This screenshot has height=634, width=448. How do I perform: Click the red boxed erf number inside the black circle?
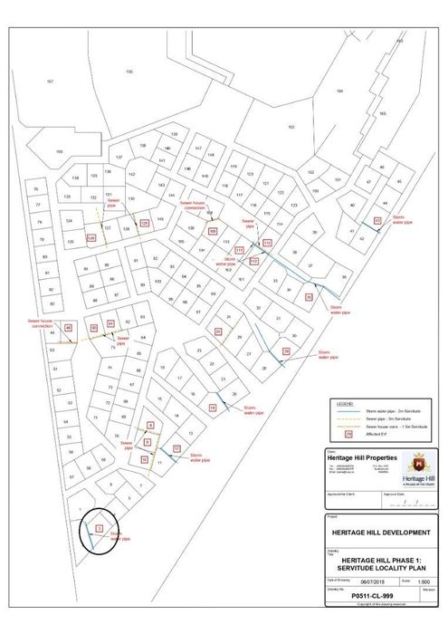pos(99,526)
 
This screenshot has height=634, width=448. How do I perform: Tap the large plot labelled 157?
pos(50,82)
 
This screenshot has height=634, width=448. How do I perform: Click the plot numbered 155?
pos(129,72)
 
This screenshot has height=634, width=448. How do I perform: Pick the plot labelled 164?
pos(339,91)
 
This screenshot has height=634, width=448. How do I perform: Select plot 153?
pos(291,127)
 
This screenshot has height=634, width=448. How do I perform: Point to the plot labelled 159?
pos(59,150)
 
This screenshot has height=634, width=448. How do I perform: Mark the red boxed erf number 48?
pos(69,328)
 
